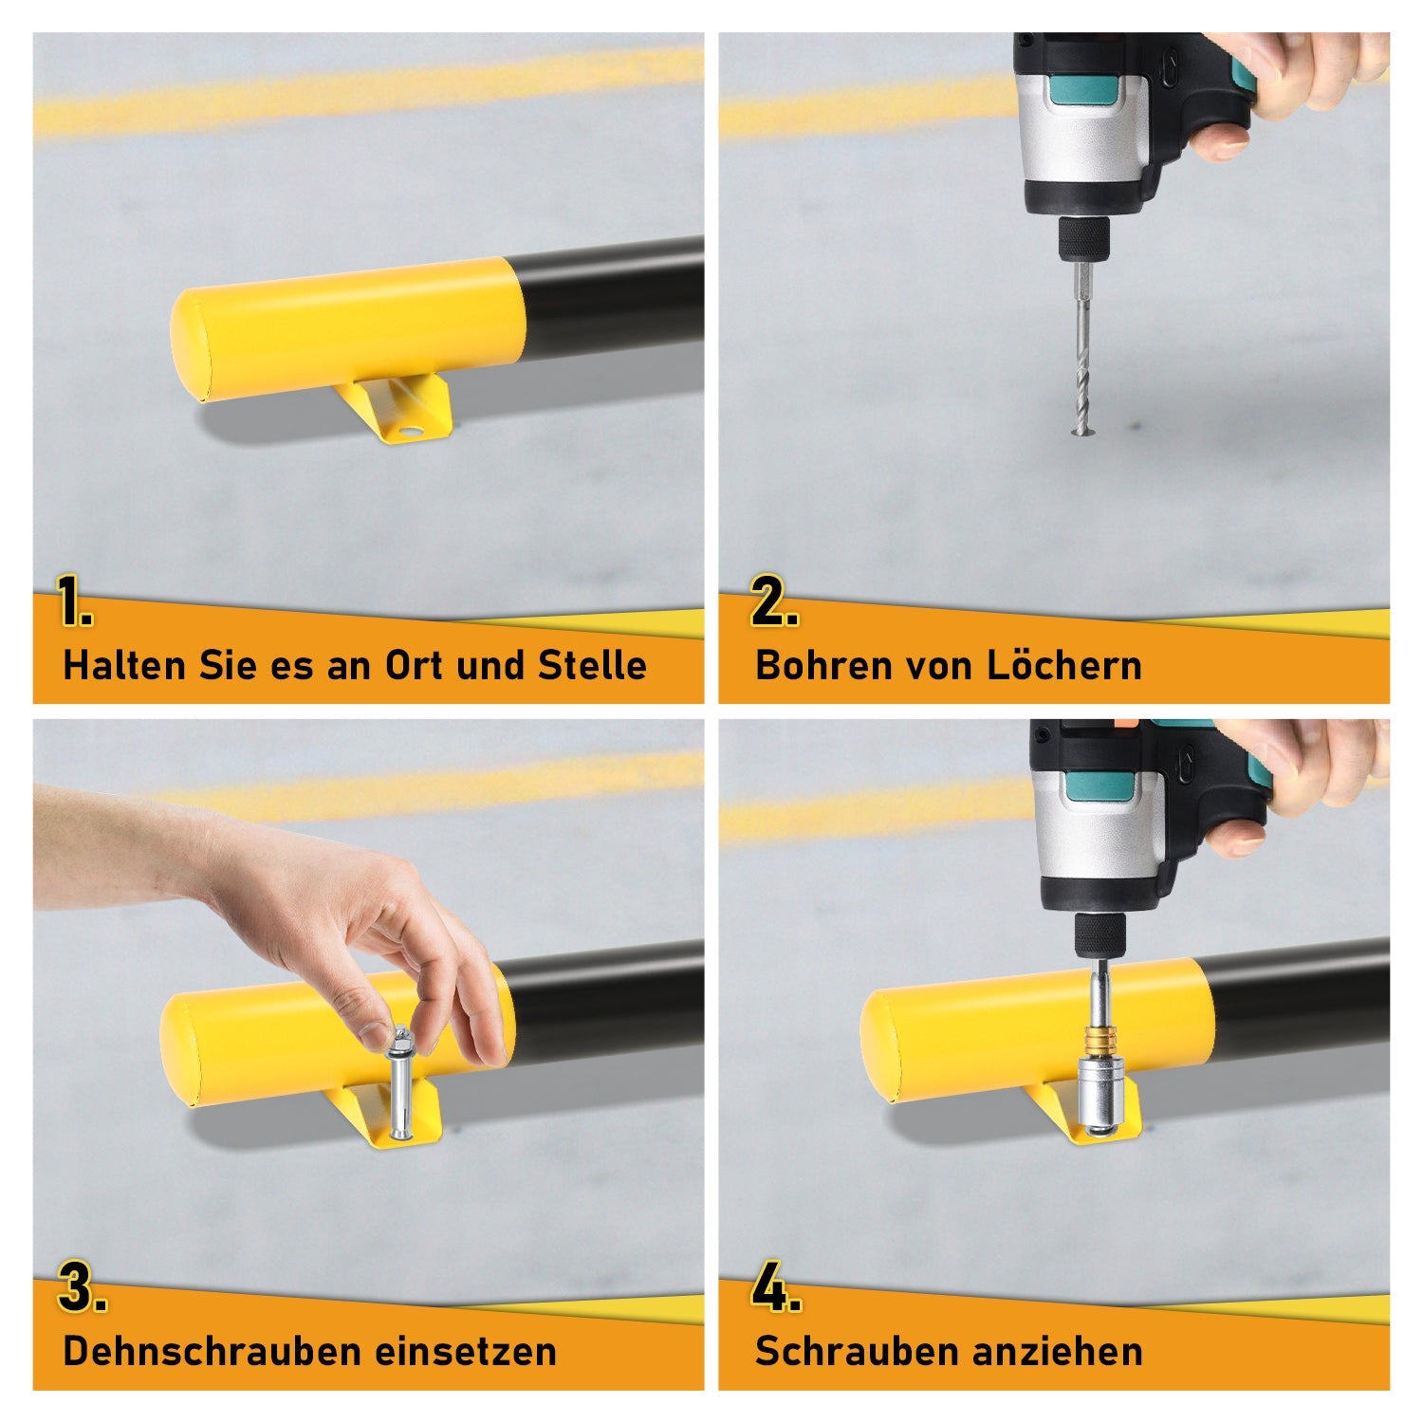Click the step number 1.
pyautogui.click(x=74, y=602)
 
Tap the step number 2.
pyautogui.click(x=773, y=602)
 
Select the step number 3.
pyautogui.click(x=81, y=1288)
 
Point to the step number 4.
pyautogui.click(x=775, y=1288)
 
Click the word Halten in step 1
pyautogui.click(x=124, y=665)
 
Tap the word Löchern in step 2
pyautogui.click(x=1063, y=665)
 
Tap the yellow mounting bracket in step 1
pyautogui.click(x=398, y=408)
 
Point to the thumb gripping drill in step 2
pyautogui.click(x=1219, y=142)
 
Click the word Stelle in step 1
pyautogui.click(x=592, y=665)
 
